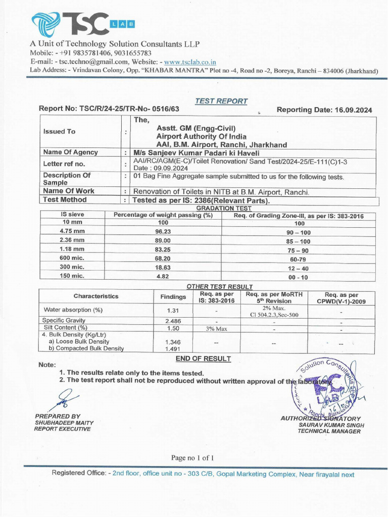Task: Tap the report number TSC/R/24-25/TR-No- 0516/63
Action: [x=109, y=109]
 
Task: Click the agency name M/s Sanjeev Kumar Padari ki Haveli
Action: [x=196, y=152]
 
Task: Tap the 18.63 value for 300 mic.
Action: [x=163, y=267]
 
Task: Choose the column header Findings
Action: [x=173, y=296]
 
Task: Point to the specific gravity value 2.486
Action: [x=173, y=321]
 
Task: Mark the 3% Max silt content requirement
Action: [x=217, y=328]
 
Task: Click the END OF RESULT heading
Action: [x=203, y=359]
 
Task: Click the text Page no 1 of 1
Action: [x=192, y=458]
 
